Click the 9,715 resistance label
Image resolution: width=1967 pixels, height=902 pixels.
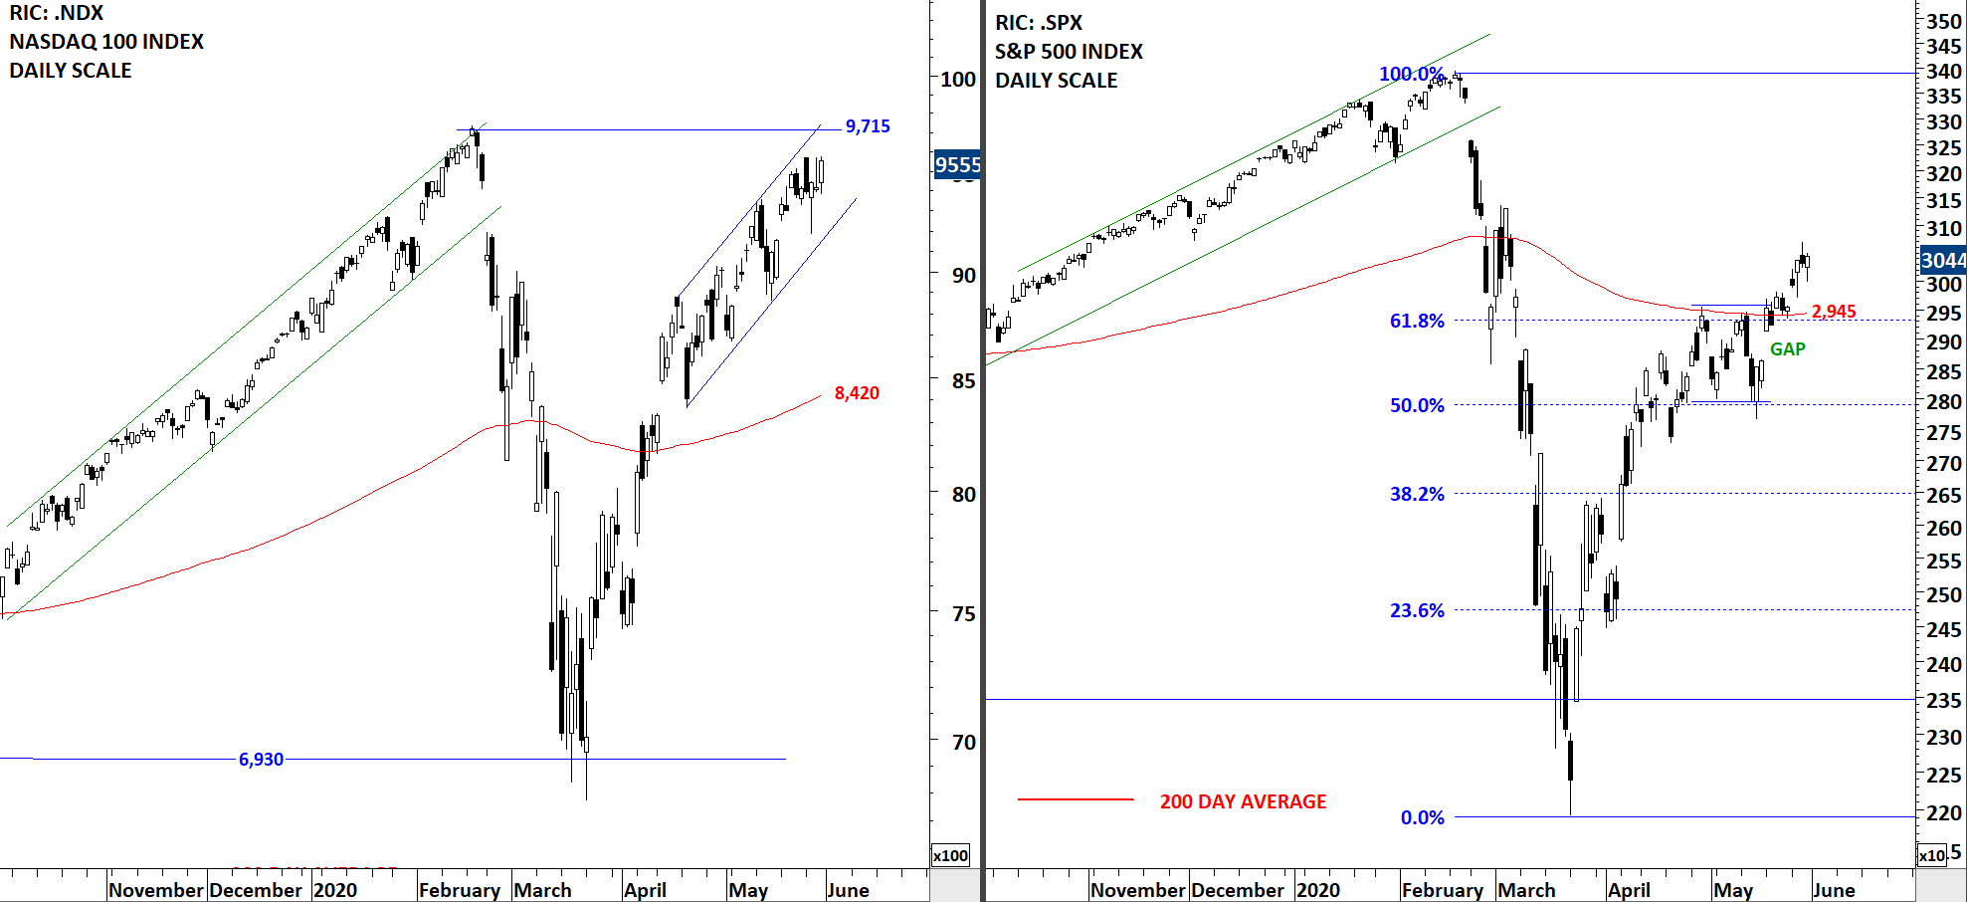point(867,126)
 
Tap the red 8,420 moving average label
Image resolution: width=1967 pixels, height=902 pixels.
point(857,393)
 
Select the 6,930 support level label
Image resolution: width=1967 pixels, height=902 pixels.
point(261,760)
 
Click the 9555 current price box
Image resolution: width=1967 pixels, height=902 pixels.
point(957,165)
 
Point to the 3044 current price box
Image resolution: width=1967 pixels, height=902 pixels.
point(1942,261)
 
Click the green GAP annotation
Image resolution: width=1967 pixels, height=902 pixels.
point(1787,349)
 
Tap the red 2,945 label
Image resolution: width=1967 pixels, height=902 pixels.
point(1834,312)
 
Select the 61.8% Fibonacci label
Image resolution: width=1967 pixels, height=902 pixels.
point(1417,321)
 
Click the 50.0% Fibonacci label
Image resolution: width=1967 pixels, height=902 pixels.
point(1417,405)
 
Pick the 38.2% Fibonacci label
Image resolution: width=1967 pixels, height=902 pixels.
point(1417,494)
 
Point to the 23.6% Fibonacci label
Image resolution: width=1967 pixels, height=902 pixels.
point(1417,610)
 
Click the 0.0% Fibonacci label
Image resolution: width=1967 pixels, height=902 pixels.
point(1422,817)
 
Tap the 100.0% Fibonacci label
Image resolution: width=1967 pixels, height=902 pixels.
point(1411,74)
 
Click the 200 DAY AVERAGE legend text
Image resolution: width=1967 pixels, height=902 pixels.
point(1243,801)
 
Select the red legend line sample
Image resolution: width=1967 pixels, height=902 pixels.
point(1076,798)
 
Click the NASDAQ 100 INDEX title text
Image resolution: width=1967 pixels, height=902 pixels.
point(106,42)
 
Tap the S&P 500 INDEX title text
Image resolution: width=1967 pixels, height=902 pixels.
point(1069,52)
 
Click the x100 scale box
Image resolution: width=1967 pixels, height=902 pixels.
point(950,855)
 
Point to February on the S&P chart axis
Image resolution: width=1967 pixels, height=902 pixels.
point(1442,890)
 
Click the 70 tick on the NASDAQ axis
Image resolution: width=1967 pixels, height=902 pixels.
point(963,742)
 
